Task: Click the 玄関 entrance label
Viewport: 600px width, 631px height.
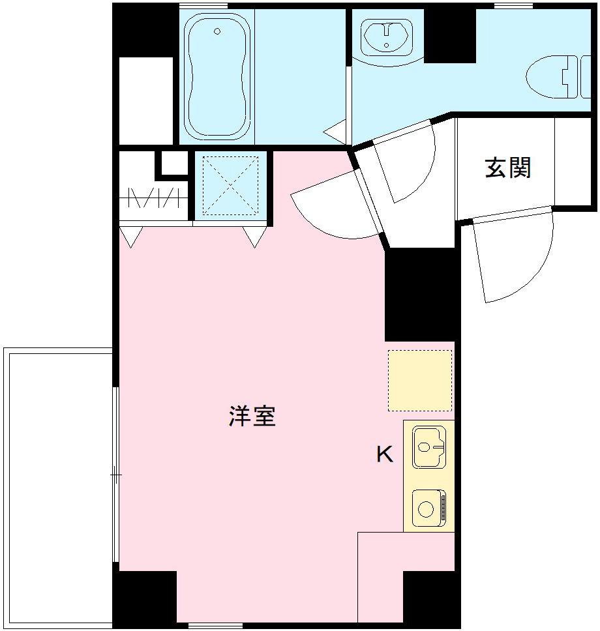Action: pyautogui.click(x=508, y=168)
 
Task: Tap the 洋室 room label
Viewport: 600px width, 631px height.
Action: pyautogui.click(x=252, y=416)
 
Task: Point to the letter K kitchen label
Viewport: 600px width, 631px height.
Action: pyautogui.click(x=385, y=454)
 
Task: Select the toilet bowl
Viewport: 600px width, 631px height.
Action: pyautogui.click(x=552, y=78)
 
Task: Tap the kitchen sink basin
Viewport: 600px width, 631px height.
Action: pyautogui.click(x=428, y=447)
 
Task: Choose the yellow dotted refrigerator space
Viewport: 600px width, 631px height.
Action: pyautogui.click(x=420, y=381)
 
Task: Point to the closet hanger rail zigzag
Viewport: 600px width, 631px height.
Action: pyautogui.click(x=154, y=197)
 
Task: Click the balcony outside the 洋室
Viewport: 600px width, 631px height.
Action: pyautogui.click(x=59, y=489)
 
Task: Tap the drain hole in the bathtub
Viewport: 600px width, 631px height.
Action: pyautogui.click(x=217, y=31)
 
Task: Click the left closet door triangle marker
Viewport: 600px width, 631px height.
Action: pyautogui.click(x=131, y=237)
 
